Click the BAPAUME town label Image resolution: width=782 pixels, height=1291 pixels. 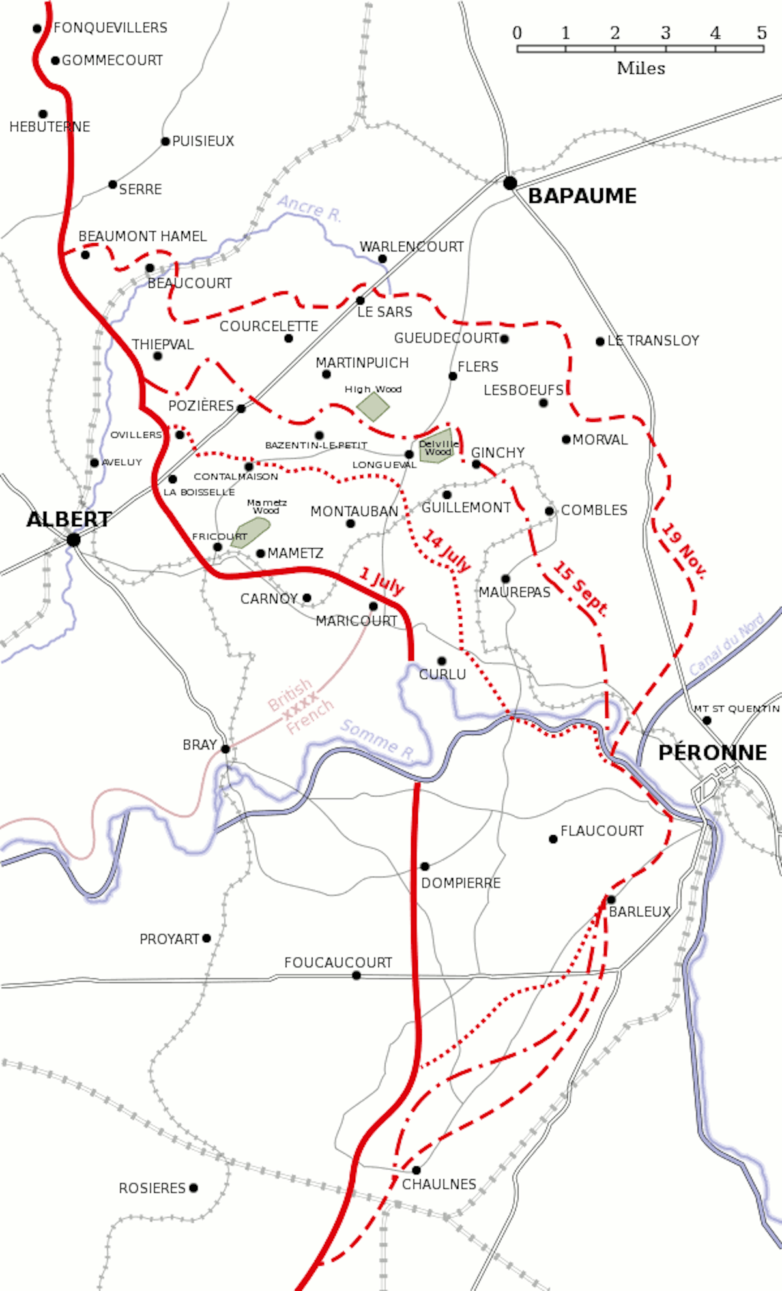pyautogui.click(x=582, y=196)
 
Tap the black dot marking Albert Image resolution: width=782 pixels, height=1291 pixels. pyautogui.click(x=74, y=540)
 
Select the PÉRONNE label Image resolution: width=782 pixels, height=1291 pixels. pyautogui.click(x=712, y=752)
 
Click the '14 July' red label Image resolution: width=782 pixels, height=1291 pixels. pyautogui.click(x=446, y=551)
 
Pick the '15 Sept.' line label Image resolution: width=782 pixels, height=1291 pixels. pyautogui.click(x=580, y=589)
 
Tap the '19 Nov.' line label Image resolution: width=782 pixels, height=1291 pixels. pyautogui.click(x=684, y=551)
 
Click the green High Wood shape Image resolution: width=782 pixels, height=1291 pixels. pyautogui.click(x=373, y=407)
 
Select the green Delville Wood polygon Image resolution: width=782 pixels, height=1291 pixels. pyautogui.click(x=437, y=448)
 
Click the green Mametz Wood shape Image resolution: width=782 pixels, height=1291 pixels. pyautogui.click(x=250, y=533)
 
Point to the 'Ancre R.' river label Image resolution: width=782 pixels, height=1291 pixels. pyautogui.click(x=309, y=209)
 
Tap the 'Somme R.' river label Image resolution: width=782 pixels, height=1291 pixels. pyautogui.click(x=378, y=740)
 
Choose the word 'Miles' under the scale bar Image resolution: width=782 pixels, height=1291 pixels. pyautogui.click(x=641, y=68)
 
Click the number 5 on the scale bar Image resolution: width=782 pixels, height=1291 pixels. pyautogui.click(x=762, y=33)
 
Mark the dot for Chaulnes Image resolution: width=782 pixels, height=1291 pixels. pyautogui.click(x=416, y=1170)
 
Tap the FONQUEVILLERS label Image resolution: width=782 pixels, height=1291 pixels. pyautogui.click(x=110, y=27)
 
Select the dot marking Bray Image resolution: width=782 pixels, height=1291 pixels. pyautogui.click(x=225, y=749)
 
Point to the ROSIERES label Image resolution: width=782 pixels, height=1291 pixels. pyautogui.click(x=152, y=1188)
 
